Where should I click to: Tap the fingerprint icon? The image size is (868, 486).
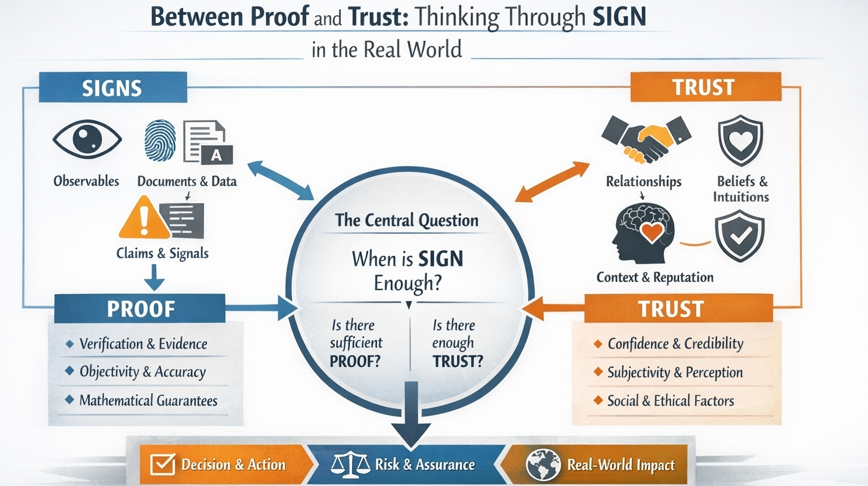160,141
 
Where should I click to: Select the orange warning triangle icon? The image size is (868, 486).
144,218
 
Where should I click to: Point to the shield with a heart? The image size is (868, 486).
740,141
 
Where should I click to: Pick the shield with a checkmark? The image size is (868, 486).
739,235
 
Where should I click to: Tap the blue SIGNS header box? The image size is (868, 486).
112,87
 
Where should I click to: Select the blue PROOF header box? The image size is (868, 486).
140,309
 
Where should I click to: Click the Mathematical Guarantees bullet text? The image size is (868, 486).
148,401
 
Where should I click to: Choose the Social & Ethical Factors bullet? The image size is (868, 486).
670,401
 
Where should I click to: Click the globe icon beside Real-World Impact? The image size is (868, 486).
543,465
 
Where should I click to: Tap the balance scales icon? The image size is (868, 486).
349,464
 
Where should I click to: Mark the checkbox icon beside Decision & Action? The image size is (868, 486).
163,465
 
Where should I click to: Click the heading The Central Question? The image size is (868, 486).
406,220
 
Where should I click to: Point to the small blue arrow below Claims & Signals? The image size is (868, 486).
154,277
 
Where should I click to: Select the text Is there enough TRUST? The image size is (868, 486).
457,343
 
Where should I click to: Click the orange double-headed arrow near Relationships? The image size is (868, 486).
553,182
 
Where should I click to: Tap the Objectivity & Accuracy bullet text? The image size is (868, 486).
142,372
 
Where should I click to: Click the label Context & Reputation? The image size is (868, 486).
655,277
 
